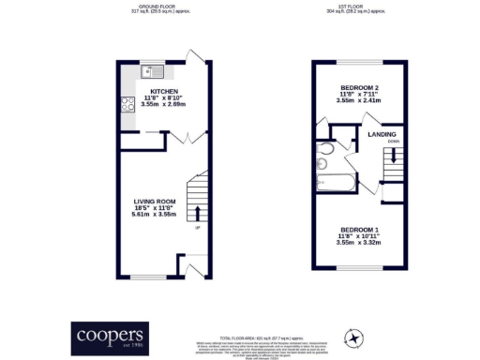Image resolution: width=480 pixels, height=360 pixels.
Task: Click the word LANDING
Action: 382,134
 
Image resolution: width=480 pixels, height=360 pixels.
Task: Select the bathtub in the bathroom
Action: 334,181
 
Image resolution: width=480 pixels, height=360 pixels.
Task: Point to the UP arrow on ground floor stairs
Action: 197,228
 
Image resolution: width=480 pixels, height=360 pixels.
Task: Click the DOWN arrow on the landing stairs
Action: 393,143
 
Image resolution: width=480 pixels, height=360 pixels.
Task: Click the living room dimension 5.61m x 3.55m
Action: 155,215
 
